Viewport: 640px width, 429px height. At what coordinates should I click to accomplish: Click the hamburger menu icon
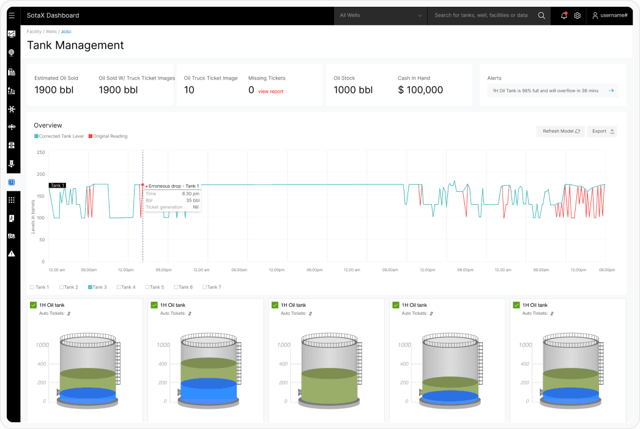pyautogui.click(x=12, y=15)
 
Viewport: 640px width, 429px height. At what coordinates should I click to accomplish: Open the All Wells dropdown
pyautogui.click(x=381, y=15)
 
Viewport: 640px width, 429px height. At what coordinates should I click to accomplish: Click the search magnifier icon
pyautogui.click(x=541, y=15)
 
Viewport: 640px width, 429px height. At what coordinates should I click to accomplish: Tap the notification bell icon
pyautogui.click(x=564, y=15)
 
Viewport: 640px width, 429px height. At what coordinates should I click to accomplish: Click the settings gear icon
pyautogui.click(x=577, y=15)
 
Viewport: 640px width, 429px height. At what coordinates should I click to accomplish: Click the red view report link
pyautogui.click(x=270, y=91)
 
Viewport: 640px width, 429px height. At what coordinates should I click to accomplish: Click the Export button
pyautogui.click(x=602, y=131)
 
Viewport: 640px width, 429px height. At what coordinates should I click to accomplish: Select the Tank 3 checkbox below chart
pyautogui.click(x=90, y=287)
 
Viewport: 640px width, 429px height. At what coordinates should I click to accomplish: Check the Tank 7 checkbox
pyautogui.click(x=205, y=287)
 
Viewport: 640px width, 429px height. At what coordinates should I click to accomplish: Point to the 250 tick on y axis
pyautogui.click(x=41, y=153)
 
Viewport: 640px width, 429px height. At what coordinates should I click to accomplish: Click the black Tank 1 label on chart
pyautogui.click(x=57, y=185)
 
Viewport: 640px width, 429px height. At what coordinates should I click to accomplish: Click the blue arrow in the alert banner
pyautogui.click(x=611, y=90)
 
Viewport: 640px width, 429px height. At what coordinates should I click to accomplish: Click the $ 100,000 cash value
pyautogui.click(x=420, y=90)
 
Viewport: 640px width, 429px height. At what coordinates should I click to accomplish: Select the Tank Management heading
pyautogui.click(x=75, y=45)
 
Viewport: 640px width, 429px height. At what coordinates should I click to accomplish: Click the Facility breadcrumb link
pyautogui.click(x=34, y=31)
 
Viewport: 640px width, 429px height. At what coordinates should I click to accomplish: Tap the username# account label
pyautogui.click(x=614, y=15)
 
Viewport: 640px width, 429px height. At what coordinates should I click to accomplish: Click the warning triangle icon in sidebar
pyautogui.click(x=12, y=254)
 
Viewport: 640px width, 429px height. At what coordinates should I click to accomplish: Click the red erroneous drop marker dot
pyautogui.click(x=143, y=185)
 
